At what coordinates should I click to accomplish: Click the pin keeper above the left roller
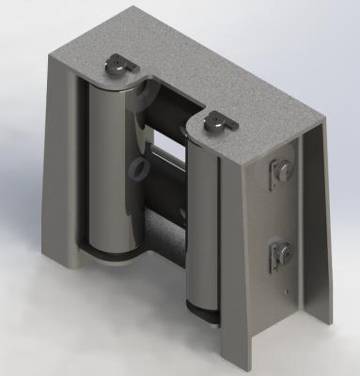pos(118,67)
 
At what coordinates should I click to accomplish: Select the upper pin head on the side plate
pos(282,171)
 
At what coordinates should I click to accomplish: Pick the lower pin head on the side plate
pos(282,253)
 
